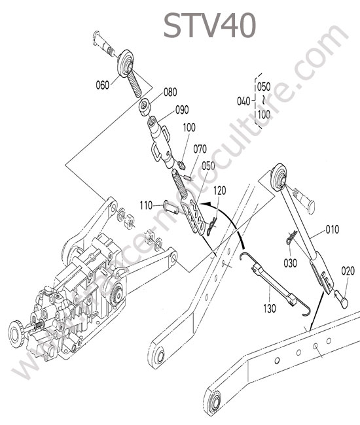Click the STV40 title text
209,25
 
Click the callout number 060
103,85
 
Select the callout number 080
170,92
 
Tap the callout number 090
182,110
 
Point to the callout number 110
147,206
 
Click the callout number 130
270,309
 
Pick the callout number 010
333,229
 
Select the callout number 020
348,271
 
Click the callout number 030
290,263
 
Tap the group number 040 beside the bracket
243,101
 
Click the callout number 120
219,191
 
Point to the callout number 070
200,149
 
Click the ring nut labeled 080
145,108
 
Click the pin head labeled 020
342,299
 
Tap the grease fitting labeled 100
182,165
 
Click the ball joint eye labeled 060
126,63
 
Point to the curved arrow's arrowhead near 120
207,203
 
